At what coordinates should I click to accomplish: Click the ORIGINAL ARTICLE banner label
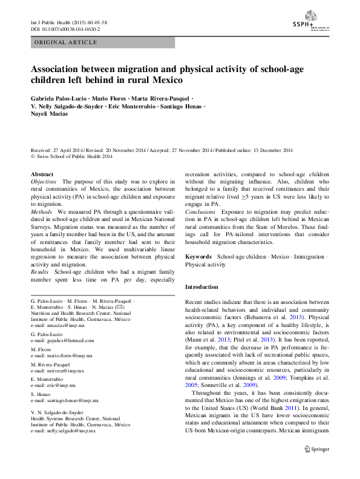click(x=66, y=42)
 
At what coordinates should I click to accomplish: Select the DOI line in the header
click(x=65, y=29)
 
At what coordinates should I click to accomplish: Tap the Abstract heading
click(x=42, y=174)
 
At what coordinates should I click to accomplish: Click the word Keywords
click(x=198, y=257)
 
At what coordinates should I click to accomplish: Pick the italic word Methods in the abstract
click(x=42, y=213)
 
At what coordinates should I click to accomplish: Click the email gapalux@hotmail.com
click(x=61, y=342)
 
